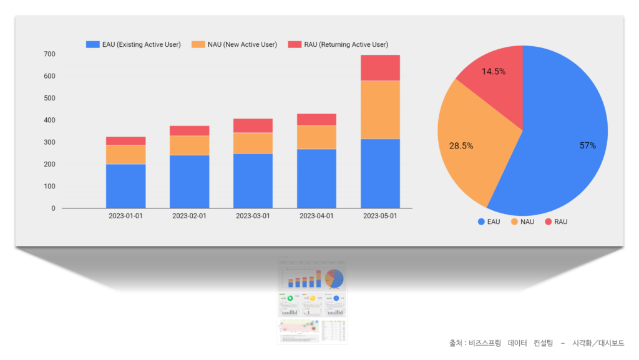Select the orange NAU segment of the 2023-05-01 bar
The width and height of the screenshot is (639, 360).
coord(380,110)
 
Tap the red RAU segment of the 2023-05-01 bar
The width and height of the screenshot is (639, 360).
coord(380,68)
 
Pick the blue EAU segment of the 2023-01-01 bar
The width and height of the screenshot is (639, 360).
coord(125,186)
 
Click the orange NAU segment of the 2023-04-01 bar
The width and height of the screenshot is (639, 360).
coord(316,137)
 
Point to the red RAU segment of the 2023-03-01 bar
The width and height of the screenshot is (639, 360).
coord(253,125)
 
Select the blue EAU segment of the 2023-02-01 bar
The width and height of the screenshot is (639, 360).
coord(189,182)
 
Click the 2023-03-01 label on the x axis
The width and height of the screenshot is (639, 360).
coord(253,216)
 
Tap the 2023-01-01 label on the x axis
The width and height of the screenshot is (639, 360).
coord(125,216)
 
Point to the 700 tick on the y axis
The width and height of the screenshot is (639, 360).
coord(49,54)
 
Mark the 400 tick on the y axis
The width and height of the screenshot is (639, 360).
coord(49,120)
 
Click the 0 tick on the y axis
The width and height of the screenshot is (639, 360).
coord(53,208)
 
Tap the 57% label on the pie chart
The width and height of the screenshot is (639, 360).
coord(587,145)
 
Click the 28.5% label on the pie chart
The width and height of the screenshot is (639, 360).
coord(461,146)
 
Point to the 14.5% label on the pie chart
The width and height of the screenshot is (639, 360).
coord(493,72)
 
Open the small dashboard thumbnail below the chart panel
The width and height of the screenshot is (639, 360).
coord(312,300)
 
